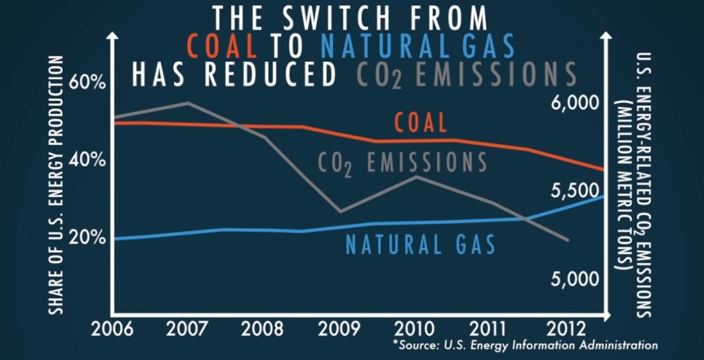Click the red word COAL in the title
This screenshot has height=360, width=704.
click(221, 46)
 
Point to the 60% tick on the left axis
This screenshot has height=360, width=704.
click(89, 82)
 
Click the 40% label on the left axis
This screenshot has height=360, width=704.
click(89, 159)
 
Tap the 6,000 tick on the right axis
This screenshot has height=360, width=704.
click(572, 103)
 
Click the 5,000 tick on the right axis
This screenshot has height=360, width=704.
click(572, 279)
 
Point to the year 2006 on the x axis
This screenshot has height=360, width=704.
click(113, 328)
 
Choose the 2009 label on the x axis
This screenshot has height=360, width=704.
click(339, 328)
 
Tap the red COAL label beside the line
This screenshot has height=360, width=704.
click(420, 123)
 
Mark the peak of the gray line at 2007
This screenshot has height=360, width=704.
click(188, 103)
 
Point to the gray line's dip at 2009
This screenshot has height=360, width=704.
click(339, 212)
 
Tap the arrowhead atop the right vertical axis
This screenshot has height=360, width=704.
click(604, 38)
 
